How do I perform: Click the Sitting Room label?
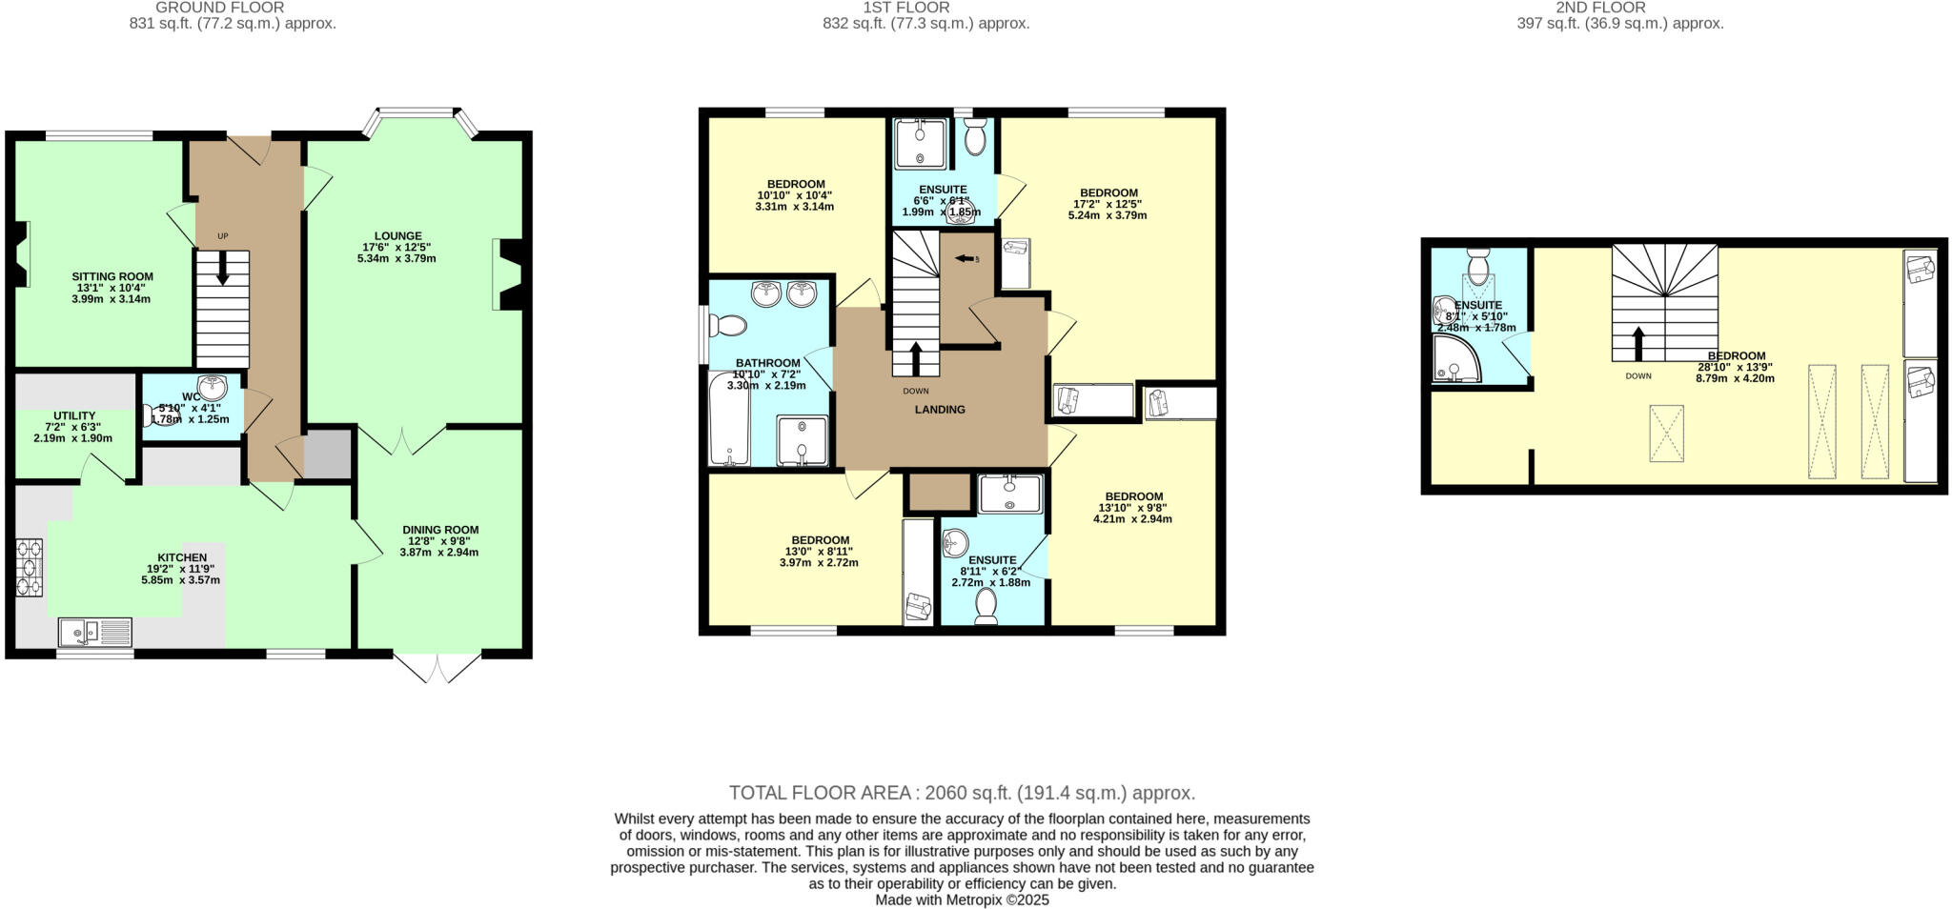(112, 276)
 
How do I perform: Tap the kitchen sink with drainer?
(94, 632)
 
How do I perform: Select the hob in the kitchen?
(29, 568)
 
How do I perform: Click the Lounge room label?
(397, 236)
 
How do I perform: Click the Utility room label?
(73, 416)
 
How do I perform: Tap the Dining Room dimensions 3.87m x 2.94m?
(439, 553)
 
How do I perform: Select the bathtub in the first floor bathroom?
(728, 419)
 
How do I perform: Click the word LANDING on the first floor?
(940, 410)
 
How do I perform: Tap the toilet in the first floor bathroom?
(729, 326)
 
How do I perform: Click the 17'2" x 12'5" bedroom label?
(1108, 192)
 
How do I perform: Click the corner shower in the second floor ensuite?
(1454, 360)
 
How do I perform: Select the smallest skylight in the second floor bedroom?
(1666, 434)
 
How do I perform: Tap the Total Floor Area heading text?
(962, 793)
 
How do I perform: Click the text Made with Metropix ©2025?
(962, 900)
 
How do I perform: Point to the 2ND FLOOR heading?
(1619, 8)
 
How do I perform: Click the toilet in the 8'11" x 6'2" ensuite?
(986, 606)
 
